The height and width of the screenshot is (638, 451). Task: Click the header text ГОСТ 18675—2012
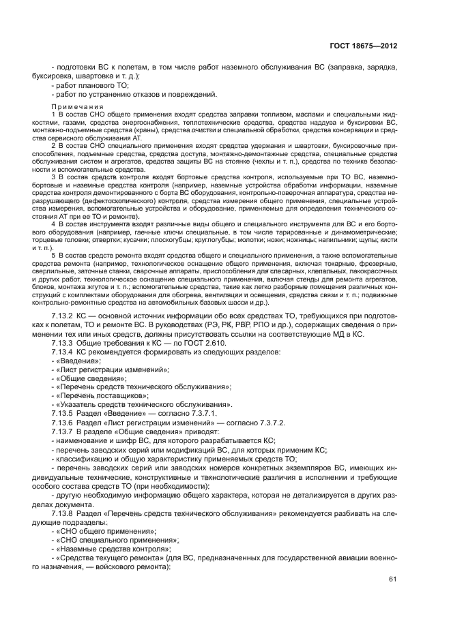(x=364, y=46)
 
